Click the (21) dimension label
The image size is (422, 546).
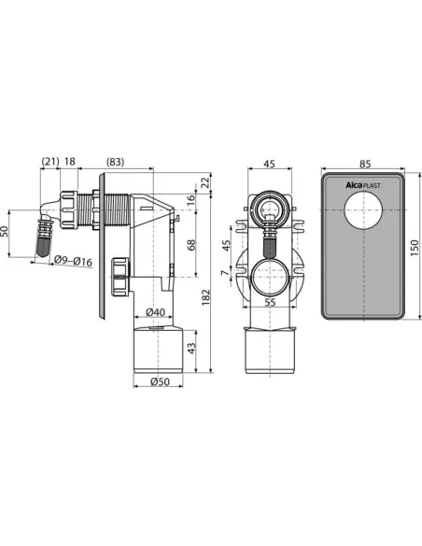[50, 162]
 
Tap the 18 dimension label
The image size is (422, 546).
[69, 162]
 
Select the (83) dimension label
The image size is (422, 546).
[115, 162]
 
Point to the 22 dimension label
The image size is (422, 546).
[206, 183]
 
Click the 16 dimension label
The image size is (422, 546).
[191, 200]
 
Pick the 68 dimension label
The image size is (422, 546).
[191, 245]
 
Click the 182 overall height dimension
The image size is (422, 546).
[206, 297]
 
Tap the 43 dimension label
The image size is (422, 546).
[191, 349]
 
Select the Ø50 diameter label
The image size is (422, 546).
[160, 381]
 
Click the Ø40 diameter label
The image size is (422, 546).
[155, 312]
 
